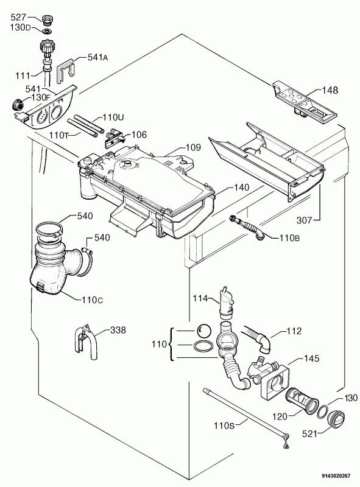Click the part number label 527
tap(18, 17)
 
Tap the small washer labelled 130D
tap(48, 31)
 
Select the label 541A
tap(97, 57)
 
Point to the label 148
tap(330, 90)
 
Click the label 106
tap(139, 135)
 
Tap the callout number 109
tap(193, 147)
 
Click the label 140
tap(241, 187)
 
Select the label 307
tap(304, 220)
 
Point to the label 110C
tap(93, 300)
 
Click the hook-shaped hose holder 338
tap(86, 342)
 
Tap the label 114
tap(200, 298)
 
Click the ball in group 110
tap(203, 331)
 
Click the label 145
tap(311, 358)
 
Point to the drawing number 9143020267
tap(336, 475)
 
